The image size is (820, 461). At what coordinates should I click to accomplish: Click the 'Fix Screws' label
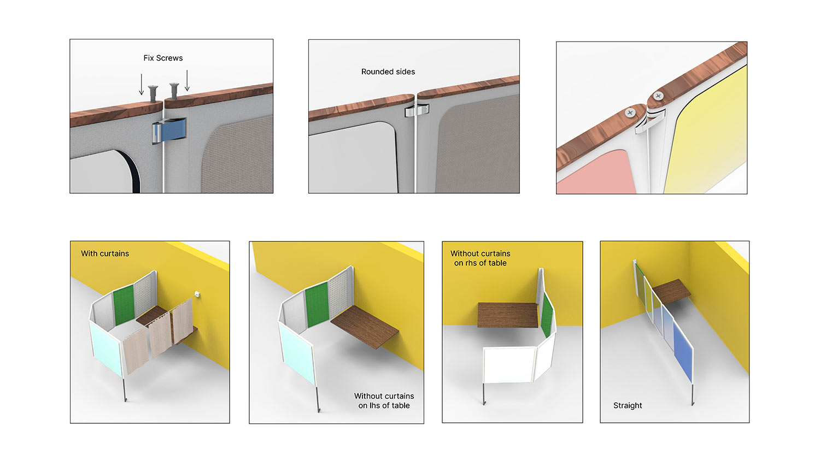tap(163, 58)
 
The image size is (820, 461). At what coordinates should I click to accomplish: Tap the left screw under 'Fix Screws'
tap(153, 93)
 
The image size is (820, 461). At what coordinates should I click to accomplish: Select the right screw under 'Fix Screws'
tap(174, 90)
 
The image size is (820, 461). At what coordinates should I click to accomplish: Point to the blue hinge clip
tap(169, 131)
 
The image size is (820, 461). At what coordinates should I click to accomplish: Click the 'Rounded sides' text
tap(388, 72)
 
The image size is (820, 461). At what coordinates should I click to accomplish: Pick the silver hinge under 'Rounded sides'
tap(417, 110)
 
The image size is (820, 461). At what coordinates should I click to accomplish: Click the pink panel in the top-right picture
tap(597, 173)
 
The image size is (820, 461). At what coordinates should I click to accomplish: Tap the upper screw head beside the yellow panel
tap(658, 96)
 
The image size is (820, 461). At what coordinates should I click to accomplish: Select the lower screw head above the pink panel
tap(630, 113)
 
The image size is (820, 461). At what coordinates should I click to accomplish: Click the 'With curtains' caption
tap(105, 253)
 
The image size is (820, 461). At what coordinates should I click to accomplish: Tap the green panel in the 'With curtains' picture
tap(124, 305)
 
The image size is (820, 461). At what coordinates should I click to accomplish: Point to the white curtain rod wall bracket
tap(197, 294)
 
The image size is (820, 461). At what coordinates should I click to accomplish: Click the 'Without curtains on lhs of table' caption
tap(384, 400)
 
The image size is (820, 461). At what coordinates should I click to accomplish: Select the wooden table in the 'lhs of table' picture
tap(365, 326)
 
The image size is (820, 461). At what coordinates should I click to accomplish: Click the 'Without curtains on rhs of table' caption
tap(481, 258)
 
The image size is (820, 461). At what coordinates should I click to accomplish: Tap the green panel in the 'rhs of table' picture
tap(547, 315)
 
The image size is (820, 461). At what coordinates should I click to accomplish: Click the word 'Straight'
tap(628, 405)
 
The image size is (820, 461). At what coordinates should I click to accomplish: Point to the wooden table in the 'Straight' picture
tap(671, 292)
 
